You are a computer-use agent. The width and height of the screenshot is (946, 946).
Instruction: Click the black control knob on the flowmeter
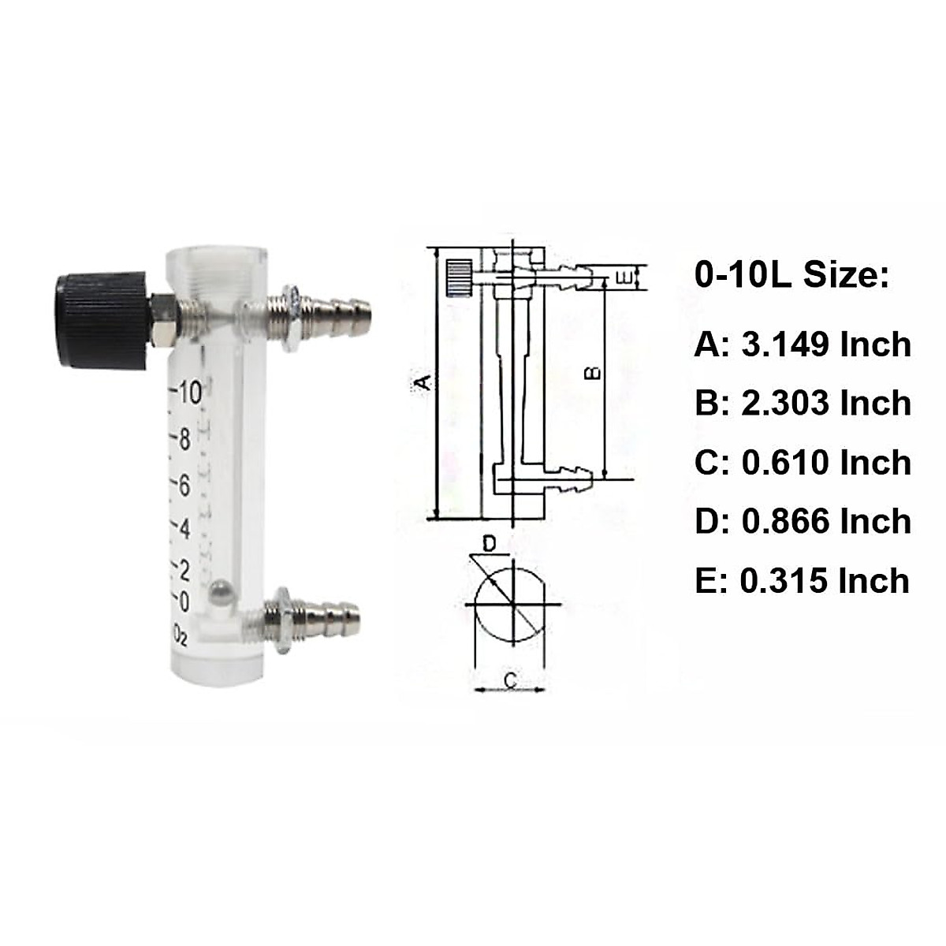point(101,318)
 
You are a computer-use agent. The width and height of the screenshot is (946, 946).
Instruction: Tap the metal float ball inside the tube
point(222,592)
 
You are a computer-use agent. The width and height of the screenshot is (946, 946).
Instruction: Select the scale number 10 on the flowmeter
point(189,392)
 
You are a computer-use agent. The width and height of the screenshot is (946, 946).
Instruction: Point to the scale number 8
point(184,440)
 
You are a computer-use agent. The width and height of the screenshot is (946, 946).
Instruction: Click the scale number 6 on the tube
point(184,486)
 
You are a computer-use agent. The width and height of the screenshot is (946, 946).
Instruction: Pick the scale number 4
point(184,528)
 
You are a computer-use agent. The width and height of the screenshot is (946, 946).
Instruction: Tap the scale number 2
point(184,569)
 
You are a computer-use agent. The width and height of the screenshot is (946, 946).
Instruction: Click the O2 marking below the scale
point(181,635)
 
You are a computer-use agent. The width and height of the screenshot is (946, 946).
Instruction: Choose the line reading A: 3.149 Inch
point(803,345)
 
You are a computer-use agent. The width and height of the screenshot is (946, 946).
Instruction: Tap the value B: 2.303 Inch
point(803,404)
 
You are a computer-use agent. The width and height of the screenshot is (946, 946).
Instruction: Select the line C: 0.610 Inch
point(803,463)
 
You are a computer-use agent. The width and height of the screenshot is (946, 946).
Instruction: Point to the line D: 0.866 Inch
point(803,522)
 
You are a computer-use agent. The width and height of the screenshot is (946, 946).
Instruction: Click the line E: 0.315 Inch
point(802,581)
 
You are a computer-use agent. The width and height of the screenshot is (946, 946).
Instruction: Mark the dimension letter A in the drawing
point(424,383)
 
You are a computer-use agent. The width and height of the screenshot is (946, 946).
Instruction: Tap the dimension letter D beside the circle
point(489,543)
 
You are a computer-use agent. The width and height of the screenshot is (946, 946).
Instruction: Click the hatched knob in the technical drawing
point(458,277)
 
